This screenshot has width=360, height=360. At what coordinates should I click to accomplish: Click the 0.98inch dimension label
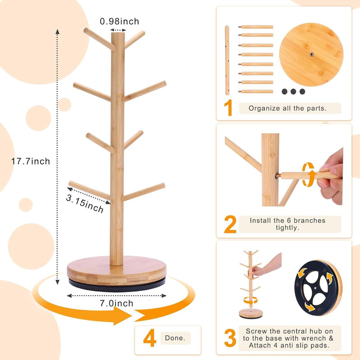(x=119, y=21)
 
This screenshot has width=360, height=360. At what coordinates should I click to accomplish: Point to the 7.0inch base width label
(x=117, y=303)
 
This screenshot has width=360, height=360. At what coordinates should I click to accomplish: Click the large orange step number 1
(x=229, y=108)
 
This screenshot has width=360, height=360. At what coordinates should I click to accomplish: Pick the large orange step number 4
(x=150, y=338)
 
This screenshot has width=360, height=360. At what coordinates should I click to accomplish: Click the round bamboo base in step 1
(x=311, y=54)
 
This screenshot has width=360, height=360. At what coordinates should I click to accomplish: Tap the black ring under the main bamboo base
(x=117, y=282)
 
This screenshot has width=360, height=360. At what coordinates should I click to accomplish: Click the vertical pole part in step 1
(x=227, y=60)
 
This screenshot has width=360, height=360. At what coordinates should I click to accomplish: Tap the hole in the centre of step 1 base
(x=311, y=54)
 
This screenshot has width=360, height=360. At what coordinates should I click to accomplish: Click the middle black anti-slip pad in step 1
(x=293, y=91)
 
